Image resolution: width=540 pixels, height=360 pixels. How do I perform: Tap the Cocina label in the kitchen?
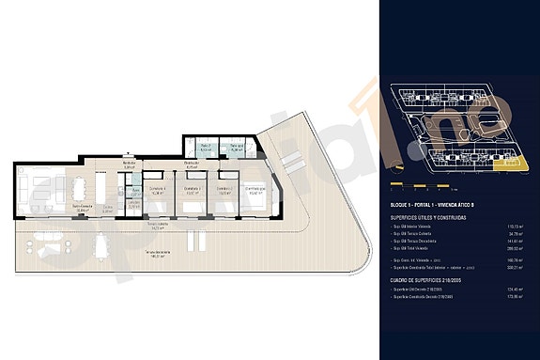(108, 210)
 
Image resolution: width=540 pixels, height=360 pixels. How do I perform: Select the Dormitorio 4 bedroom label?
(158, 191)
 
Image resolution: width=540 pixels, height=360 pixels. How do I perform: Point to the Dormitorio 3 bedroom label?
(193, 191)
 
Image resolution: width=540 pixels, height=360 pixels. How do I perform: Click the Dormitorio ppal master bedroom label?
(255, 191)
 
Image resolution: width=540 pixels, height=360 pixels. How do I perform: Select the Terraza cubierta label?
(156, 226)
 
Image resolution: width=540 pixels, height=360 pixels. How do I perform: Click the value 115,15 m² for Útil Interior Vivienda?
(514, 227)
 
